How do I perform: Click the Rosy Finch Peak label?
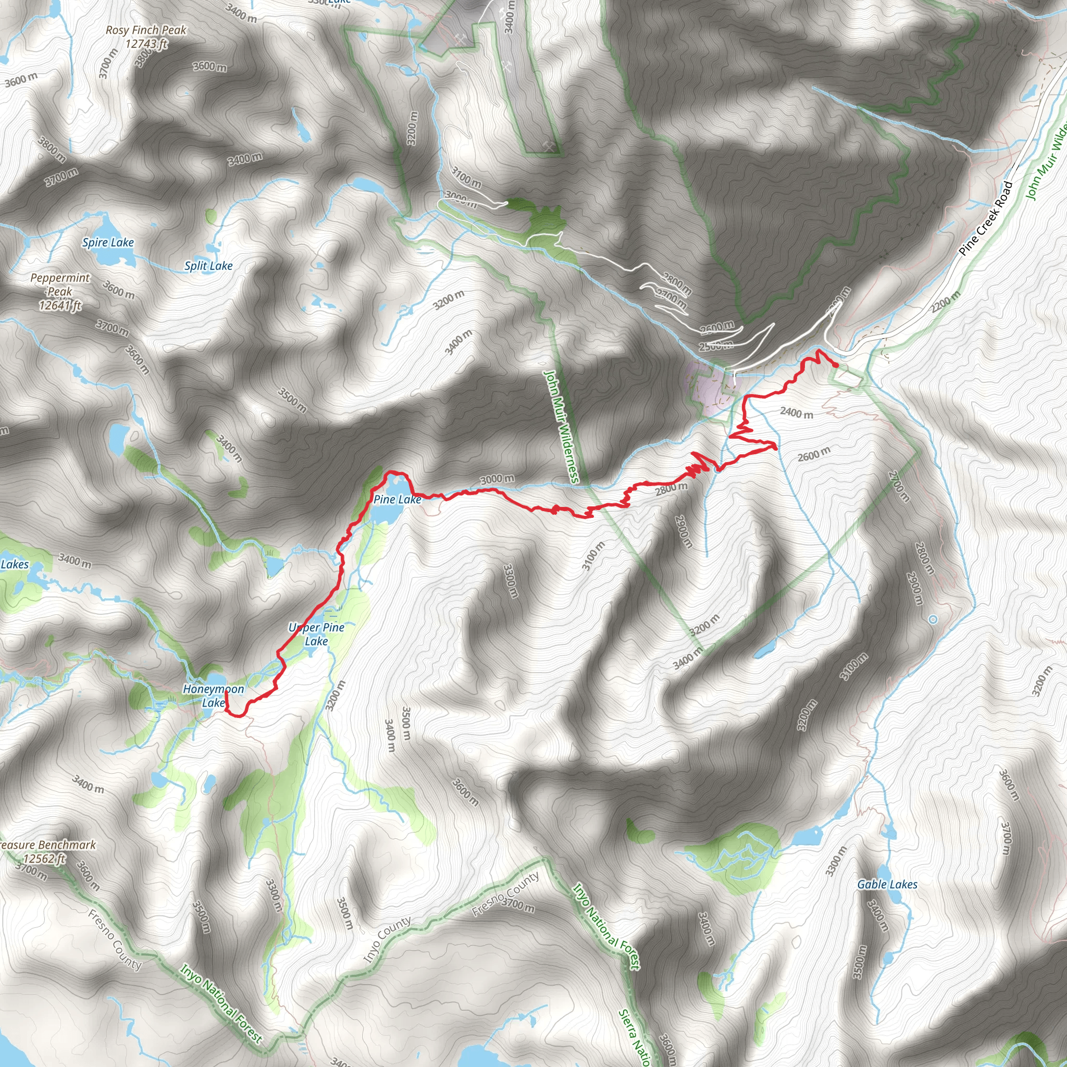(x=146, y=30)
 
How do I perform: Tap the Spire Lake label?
(x=108, y=242)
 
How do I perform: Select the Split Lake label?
(x=208, y=266)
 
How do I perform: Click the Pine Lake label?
(x=397, y=500)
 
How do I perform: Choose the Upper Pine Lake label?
(x=316, y=634)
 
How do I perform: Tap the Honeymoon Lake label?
(x=213, y=696)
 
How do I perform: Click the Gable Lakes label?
(x=887, y=884)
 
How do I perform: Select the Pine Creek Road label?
(x=986, y=219)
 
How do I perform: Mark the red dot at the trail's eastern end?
(x=836, y=365)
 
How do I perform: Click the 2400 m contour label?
(x=797, y=413)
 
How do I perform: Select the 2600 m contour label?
(x=813, y=454)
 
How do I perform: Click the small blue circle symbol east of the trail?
(x=933, y=619)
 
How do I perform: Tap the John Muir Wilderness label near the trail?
(x=561, y=426)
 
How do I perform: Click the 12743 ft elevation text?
(x=146, y=44)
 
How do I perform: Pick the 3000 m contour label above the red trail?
(x=497, y=479)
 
